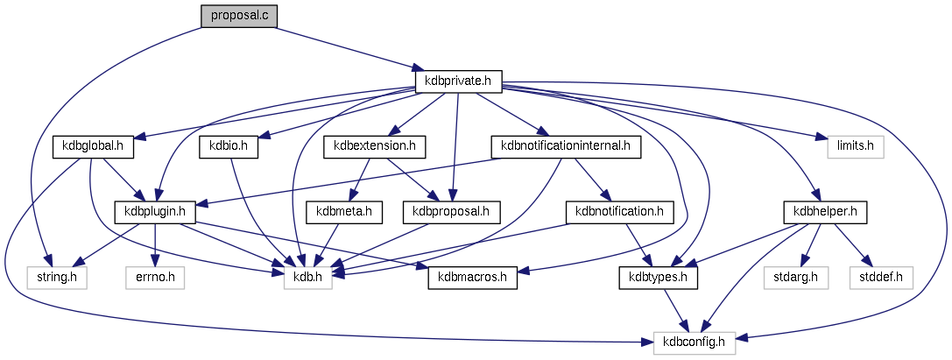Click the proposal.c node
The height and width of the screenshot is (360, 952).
coord(239,17)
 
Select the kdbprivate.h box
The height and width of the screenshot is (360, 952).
coord(458,81)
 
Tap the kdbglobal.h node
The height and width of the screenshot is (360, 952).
coord(93,146)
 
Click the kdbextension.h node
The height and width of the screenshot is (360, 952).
coord(374,146)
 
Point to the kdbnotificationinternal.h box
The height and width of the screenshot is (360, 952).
coord(566,146)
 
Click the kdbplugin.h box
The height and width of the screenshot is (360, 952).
coord(155,211)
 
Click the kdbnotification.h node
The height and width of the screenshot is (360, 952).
coord(620,211)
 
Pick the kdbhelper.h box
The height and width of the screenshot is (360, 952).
coord(825,211)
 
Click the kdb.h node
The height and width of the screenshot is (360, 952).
coord(307,278)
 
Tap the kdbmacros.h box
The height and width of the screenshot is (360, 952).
coord(473,278)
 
